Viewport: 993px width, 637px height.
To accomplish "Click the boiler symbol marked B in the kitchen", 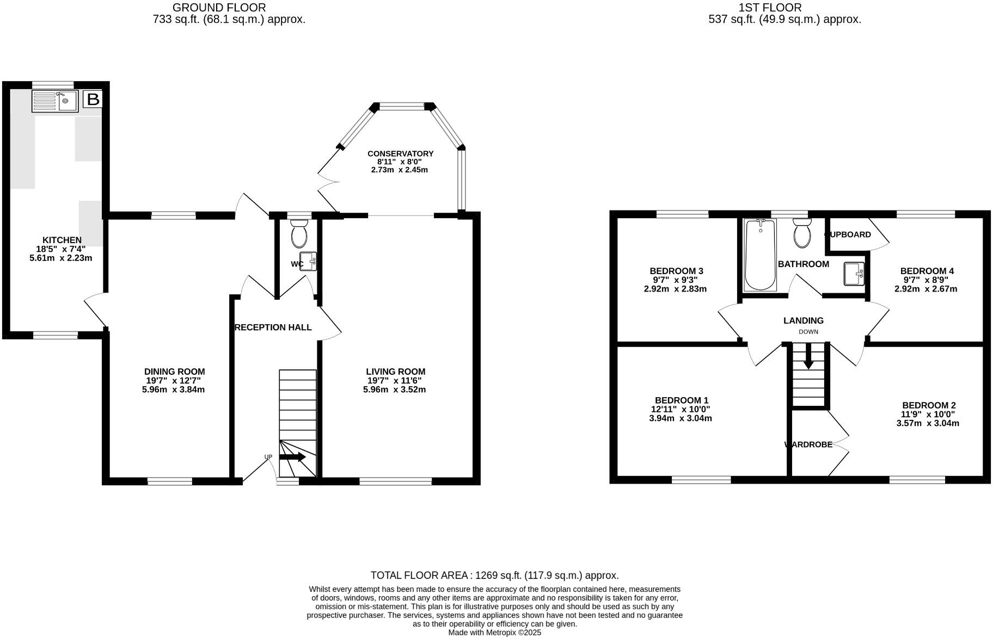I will pos(93,100).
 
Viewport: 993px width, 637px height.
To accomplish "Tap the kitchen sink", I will pos(55,101).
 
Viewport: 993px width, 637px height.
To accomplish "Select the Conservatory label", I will pos(400,154).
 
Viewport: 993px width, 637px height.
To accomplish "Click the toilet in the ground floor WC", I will pos(299,234).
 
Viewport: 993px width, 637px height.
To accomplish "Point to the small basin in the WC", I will pos(308,261).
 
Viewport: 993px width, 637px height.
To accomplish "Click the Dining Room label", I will pos(174,372).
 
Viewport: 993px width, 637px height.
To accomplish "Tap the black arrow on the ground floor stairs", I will pos(292,457).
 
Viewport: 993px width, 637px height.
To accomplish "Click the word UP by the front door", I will pos(268,457).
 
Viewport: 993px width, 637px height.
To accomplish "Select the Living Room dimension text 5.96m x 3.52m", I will pos(394,389).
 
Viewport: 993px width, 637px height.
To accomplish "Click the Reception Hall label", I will pos(273,327).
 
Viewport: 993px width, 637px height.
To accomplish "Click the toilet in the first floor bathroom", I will pos(802,234).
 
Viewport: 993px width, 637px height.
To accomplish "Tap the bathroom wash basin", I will pos(853,273).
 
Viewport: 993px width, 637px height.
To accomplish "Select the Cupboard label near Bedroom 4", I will pos(848,234).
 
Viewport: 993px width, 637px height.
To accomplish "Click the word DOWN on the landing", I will pos(808,332).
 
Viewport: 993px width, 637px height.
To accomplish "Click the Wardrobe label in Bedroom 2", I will pos(808,444).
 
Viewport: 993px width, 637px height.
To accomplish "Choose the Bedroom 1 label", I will pos(681,400).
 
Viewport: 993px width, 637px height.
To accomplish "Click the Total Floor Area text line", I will pos(494,576).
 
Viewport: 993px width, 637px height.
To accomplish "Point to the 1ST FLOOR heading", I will pos(770,8).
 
